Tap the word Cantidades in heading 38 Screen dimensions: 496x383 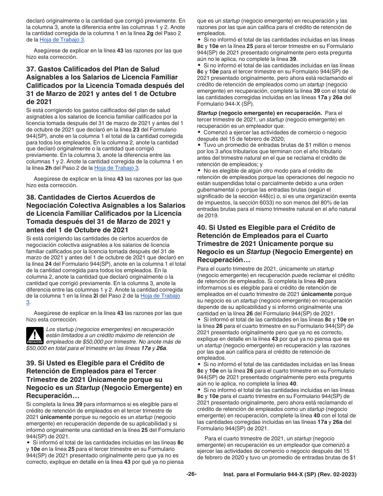tap(62, 197)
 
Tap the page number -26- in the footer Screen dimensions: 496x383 tap(191, 474)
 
